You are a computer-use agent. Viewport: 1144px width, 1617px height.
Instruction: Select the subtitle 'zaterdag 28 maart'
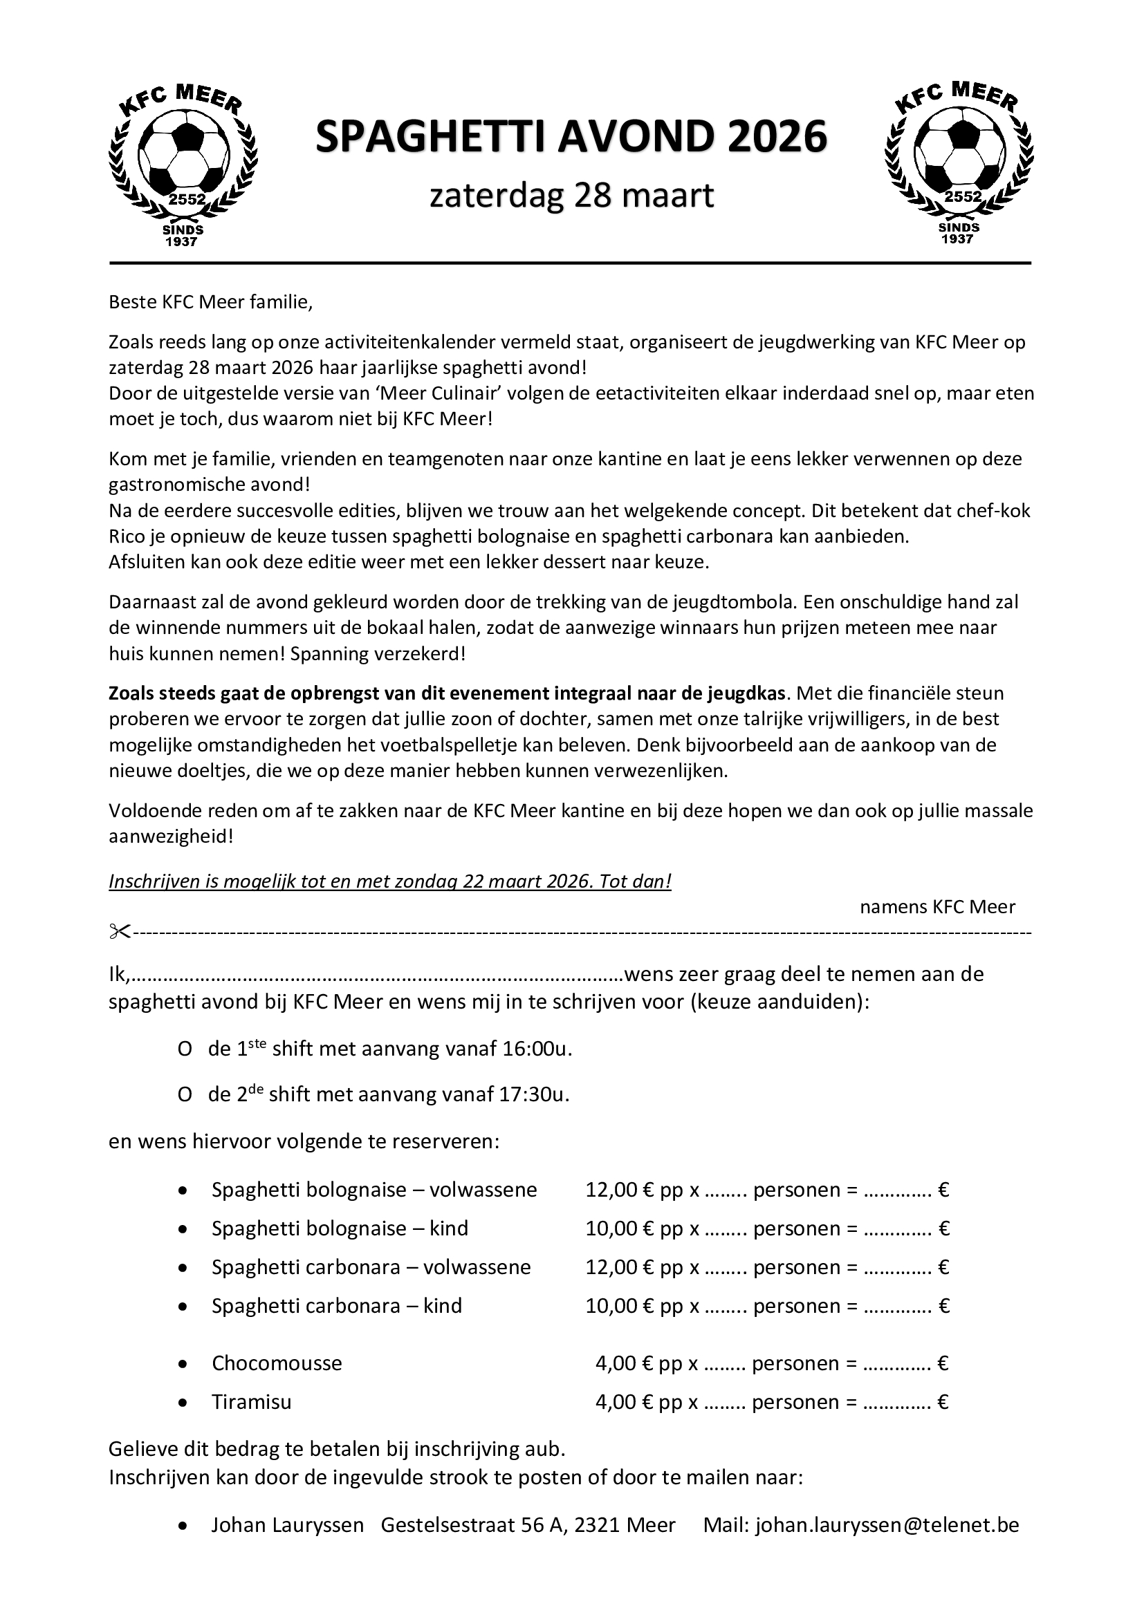[x=572, y=196]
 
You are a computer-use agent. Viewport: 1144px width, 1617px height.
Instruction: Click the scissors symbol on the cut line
[x=120, y=932]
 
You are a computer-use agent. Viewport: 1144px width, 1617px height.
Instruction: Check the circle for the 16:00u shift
[x=185, y=1050]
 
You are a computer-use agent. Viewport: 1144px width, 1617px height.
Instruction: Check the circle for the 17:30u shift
[x=185, y=1095]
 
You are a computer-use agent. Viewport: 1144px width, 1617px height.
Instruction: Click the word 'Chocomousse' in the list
[x=277, y=1363]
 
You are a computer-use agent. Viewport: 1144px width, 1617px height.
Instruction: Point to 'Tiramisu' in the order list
[x=252, y=1401]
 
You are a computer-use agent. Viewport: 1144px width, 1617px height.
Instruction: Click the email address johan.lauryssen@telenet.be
[x=887, y=1525]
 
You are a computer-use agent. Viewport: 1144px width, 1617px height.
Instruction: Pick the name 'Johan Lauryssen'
[x=288, y=1525]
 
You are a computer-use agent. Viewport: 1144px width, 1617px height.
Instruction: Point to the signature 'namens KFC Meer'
[x=938, y=906]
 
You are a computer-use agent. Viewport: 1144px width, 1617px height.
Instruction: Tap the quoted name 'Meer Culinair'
[x=421, y=393]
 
